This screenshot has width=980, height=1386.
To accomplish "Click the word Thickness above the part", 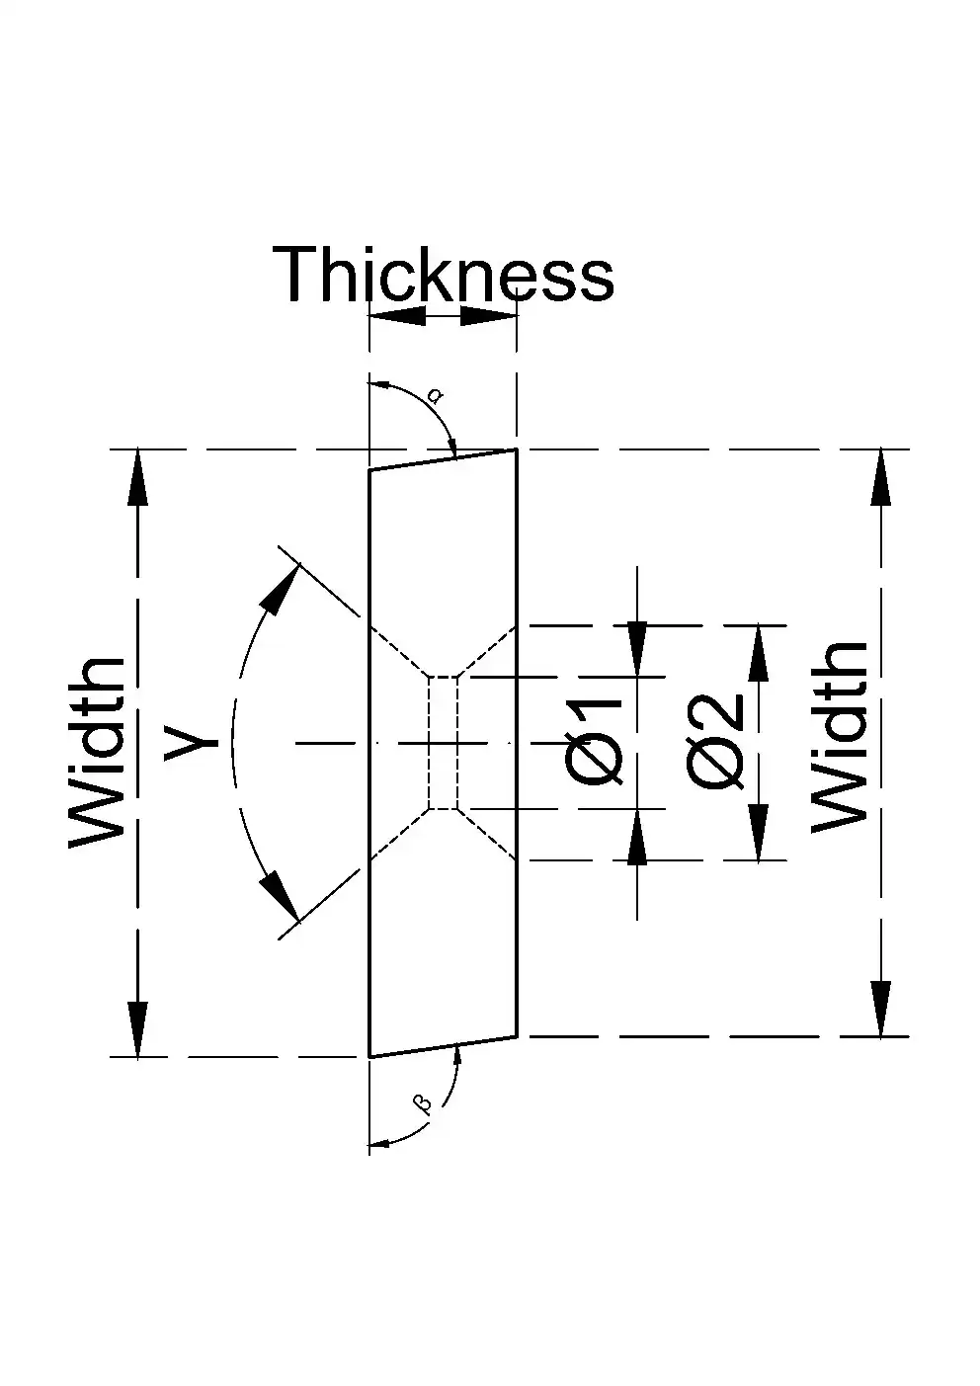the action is (x=443, y=274).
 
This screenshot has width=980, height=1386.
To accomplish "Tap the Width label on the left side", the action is (x=97, y=753).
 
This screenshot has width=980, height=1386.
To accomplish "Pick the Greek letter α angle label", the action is (x=437, y=395).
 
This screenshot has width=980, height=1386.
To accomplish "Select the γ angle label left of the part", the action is (x=192, y=741).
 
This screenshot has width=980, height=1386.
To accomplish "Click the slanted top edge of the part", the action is (x=443, y=459).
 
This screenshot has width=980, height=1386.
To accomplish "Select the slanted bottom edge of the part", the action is (x=443, y=1046).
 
